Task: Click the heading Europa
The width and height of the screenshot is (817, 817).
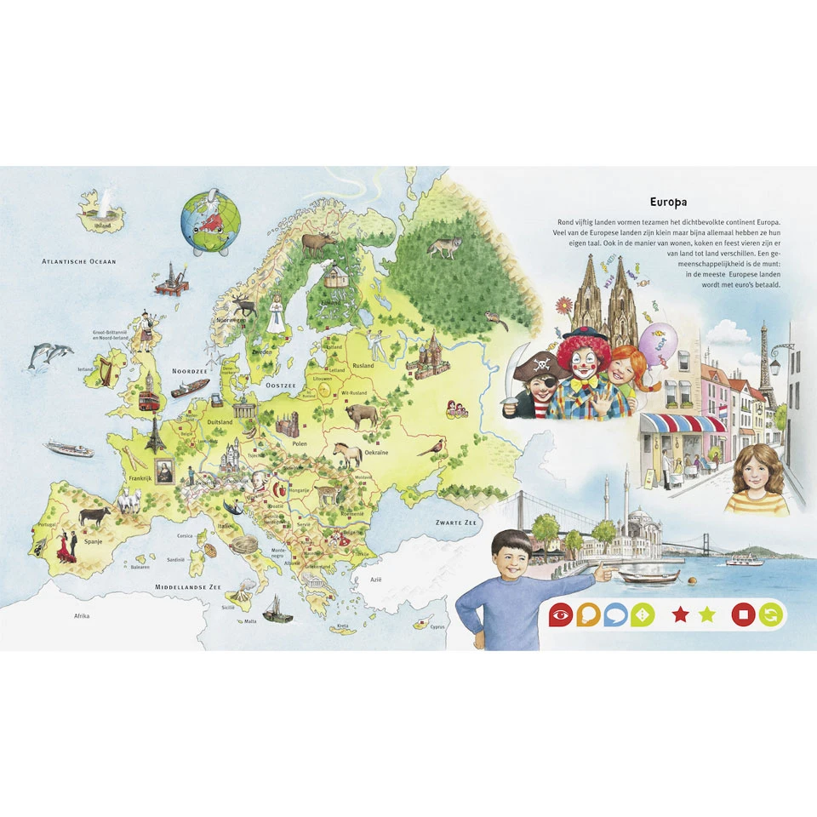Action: [x=668, y=203]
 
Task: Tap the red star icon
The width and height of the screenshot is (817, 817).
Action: [x=680, y=614]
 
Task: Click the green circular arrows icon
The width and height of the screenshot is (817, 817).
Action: [x=769, y=614]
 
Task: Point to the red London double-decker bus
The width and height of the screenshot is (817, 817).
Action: [x=148, y=399]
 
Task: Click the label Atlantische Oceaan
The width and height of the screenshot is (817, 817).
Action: [x=79, y=262]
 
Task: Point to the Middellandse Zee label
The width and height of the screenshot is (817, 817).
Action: [x=187, y=587]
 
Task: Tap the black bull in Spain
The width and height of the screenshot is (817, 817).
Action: [x=94, y=515]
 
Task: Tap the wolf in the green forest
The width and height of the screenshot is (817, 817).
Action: [x=443, y=248]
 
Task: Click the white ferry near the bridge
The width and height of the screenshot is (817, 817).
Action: [x=745, y=559]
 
